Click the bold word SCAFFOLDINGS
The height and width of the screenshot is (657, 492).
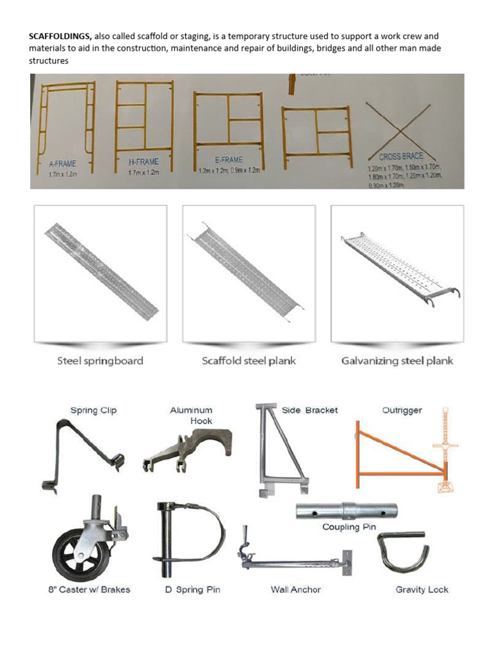(60, 37)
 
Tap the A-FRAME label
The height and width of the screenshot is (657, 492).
(62, 164)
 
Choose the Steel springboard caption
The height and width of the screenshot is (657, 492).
(100, 361)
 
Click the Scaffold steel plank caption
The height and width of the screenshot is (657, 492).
(249, 361)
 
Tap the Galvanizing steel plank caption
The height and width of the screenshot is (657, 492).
(397, 361)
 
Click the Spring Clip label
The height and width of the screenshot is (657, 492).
(94, 410)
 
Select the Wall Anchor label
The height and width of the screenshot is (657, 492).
(295, 590)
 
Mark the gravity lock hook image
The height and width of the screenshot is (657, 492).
(404, 551)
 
